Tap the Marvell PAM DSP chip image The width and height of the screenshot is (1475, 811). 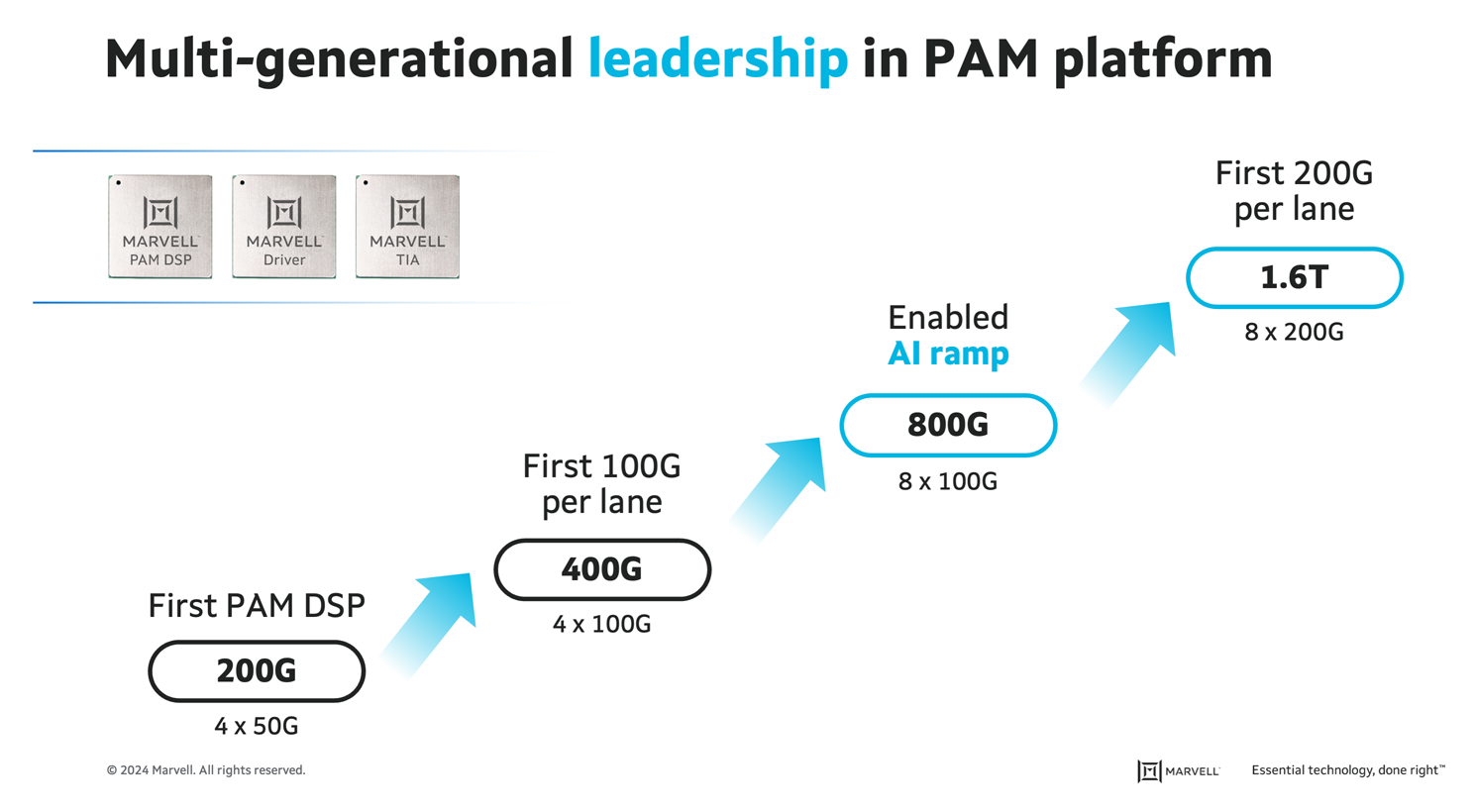159,227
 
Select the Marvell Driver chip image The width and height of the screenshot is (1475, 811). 283,227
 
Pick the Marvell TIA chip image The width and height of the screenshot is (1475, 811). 407,227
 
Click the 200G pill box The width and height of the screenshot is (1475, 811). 257,671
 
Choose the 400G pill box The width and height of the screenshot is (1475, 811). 602,569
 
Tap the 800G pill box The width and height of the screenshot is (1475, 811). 948,425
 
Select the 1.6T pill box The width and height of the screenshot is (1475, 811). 1294,277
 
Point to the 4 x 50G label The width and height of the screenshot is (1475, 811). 257,726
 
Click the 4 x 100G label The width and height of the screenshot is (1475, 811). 602,624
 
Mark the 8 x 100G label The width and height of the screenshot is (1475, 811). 948,481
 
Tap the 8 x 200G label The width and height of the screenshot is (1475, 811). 1294,332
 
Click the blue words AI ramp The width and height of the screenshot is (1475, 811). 948,354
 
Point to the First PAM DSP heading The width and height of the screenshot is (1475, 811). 257,605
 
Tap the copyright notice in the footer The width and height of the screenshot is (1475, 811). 206,770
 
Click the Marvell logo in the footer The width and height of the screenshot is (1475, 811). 1178,770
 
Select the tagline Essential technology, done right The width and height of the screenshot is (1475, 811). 1347,770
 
